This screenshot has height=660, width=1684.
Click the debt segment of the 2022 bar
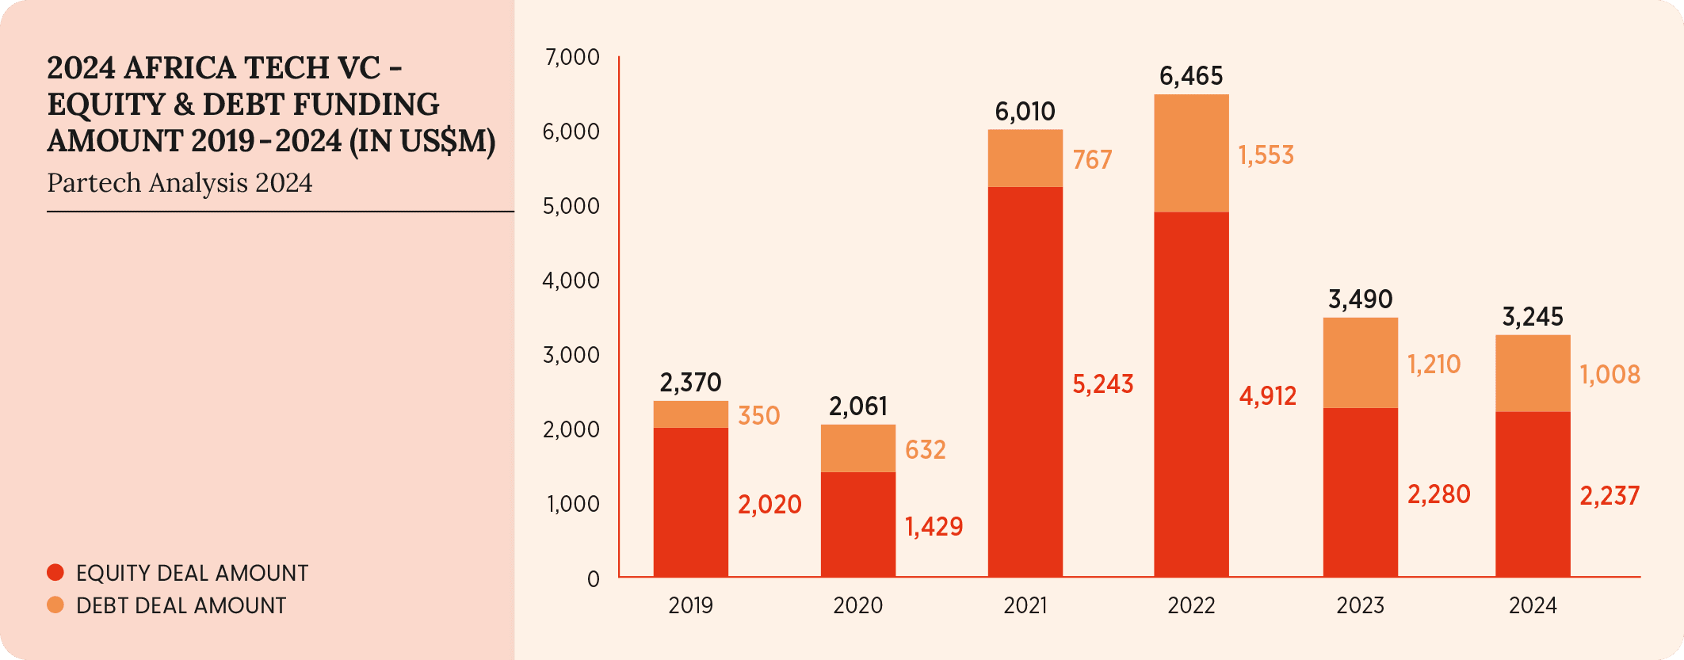[x=1191, y=153]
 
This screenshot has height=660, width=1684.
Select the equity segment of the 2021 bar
[x=1025, y=381]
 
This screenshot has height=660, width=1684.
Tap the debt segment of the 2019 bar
[x=690, y=414]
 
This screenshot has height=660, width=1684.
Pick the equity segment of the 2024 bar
[x=1532, y=494]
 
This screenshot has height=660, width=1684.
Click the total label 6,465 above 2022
[x=1191, y=76]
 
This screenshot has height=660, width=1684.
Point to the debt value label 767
[x=1092, y=160]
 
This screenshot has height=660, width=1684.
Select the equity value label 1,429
[x=934, y=527]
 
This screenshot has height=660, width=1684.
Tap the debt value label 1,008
[x=1610, y=375]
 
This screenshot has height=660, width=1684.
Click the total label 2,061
[x=857, y=406]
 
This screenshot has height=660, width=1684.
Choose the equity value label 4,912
[x=1267, y=396]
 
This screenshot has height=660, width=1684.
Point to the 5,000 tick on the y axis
[x=571, y=206]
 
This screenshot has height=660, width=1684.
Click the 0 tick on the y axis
[x=593, y=579]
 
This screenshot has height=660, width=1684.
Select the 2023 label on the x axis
[x=1360, y=606]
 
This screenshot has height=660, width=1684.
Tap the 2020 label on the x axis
[x=857, y=606]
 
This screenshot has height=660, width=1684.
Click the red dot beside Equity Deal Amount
[x=55, y=572]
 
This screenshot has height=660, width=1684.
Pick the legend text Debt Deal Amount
[x=181, y=606]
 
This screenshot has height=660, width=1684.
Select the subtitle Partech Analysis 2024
[x=180, y=183]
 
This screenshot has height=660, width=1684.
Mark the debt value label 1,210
[x=1434, y=364]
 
